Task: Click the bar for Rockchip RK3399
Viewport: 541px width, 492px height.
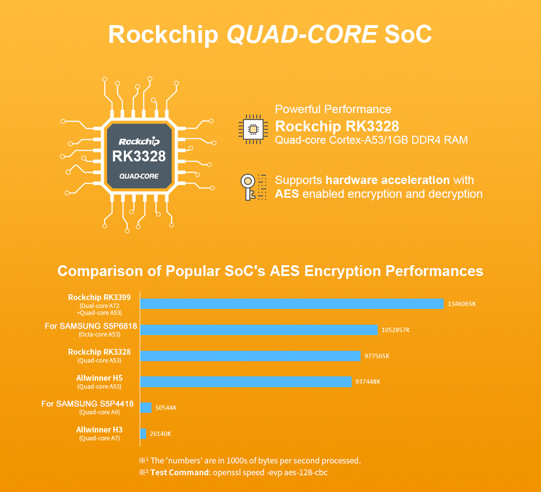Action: (x=292, y=304)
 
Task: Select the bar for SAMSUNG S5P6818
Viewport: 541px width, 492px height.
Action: (x=259, y=330)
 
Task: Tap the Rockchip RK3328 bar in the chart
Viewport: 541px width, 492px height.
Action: (x=250, y=356)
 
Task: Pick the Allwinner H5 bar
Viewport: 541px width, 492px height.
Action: (x=246, y=382)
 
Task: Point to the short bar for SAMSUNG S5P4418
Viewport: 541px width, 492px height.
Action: (x=146, y=407)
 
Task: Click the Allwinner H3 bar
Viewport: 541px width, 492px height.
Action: (x=143, y=433)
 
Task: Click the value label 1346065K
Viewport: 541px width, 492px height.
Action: (x=461, y=304)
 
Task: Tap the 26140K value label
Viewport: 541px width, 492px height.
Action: (x=160, y=434)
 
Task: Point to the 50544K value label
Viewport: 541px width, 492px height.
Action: (x=166, y=408)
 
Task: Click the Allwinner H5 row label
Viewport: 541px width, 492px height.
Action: (x=99, y=378)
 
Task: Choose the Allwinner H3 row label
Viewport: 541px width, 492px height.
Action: (x=99, y=430)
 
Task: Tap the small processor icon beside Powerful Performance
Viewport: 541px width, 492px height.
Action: (x=253, y=130)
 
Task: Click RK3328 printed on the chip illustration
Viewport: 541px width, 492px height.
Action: (x=139, y=156)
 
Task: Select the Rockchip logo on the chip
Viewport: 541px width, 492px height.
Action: (x=139, y=141)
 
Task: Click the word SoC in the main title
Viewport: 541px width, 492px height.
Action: (x=408, y=34)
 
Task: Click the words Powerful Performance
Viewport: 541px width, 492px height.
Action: (x=333, y=109)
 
